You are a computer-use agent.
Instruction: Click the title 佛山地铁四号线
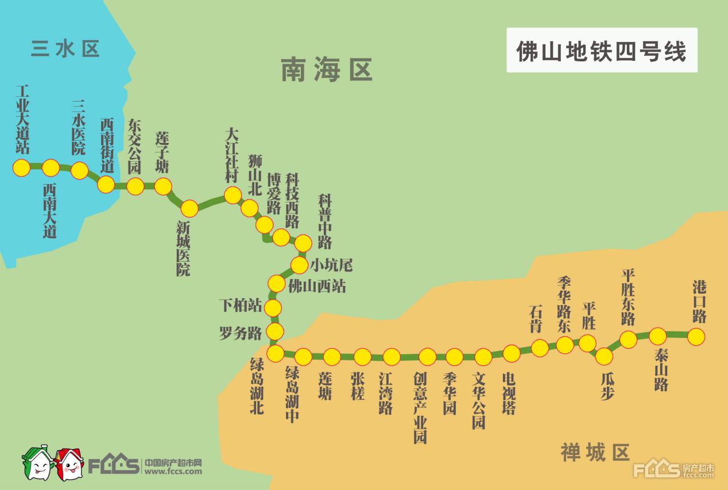tap(601, 50)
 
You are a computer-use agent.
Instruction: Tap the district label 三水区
tap(65, 49)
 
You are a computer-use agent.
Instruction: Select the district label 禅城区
tap(595, 453)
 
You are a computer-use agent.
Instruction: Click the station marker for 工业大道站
tap(22, 168)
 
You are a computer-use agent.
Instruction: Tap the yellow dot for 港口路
tap(696, 336)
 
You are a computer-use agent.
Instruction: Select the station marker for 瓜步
tap(604, 356)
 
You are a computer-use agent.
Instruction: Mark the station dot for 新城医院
tap(189, 208)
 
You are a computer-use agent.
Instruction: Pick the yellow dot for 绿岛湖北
tap(276, 353)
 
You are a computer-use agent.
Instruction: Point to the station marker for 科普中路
tap(303, 243)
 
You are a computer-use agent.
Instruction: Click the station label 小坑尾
tap(331, 265)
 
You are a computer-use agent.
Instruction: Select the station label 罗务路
tap(241, 333)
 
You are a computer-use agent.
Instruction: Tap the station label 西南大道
tap(50, 211)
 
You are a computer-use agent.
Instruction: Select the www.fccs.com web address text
tap(173, 472)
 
